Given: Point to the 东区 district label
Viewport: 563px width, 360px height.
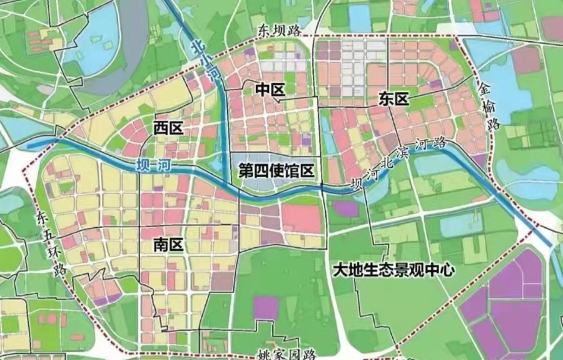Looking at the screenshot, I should click(393, 99).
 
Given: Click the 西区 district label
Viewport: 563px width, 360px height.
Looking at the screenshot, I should click(168, 128).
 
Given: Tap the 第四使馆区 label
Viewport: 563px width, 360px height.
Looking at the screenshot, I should click(276, 169).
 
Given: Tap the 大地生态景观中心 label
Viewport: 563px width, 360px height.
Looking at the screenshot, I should click(393, 270).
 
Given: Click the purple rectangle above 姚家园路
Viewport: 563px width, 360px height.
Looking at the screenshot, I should click(265, 307).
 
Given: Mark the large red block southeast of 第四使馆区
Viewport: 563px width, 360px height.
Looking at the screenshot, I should click(301, 219).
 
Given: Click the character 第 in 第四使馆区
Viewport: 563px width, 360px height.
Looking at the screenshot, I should click(246, 169).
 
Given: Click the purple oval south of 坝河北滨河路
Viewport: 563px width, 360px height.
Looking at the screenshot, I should click(346, 208).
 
